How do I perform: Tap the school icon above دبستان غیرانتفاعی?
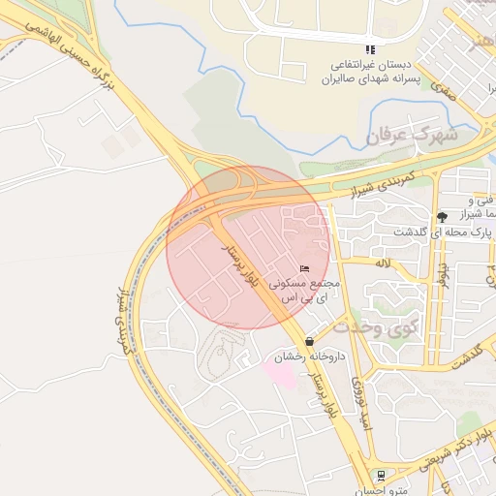[369, 49]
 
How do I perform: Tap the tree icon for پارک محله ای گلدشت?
[442, 217]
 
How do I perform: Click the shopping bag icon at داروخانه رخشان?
[309, 341]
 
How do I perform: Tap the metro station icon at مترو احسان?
[381, 475]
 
